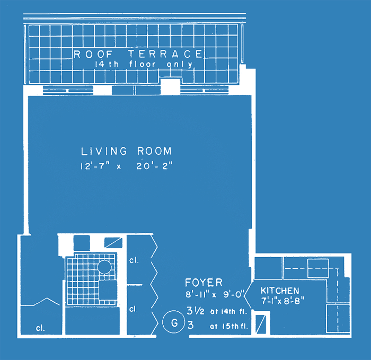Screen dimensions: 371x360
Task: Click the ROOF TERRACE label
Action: click(138, 54)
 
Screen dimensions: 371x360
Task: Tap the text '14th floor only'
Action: click(144, 64)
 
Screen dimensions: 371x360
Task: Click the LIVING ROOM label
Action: click(126, 151)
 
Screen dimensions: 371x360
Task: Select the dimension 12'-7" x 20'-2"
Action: click(126, 166)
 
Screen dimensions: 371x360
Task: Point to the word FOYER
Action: click(204, 283)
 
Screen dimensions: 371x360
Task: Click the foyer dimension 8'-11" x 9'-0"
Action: click(215, 295)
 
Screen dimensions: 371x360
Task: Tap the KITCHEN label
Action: click(280, 291)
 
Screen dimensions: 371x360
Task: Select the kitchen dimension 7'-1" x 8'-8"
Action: click(282, 301)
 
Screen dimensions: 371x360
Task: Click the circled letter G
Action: click(173, 322)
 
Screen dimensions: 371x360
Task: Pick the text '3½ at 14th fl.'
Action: click(216, 311)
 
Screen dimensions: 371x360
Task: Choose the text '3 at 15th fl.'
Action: click(218, 326)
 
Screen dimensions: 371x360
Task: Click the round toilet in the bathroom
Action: click(104, 267)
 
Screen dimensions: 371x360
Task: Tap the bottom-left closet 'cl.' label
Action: click(40, 328)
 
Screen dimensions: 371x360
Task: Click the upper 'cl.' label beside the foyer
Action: click(134, 260)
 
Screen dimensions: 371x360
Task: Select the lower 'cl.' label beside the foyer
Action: click(134, 309)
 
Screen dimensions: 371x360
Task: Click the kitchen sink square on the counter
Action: click(318, 268)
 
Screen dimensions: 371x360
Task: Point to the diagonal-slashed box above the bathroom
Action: click(113, 243)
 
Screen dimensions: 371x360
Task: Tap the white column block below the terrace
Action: click(170, 86)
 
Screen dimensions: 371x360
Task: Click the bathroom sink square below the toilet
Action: click(108, 290)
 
